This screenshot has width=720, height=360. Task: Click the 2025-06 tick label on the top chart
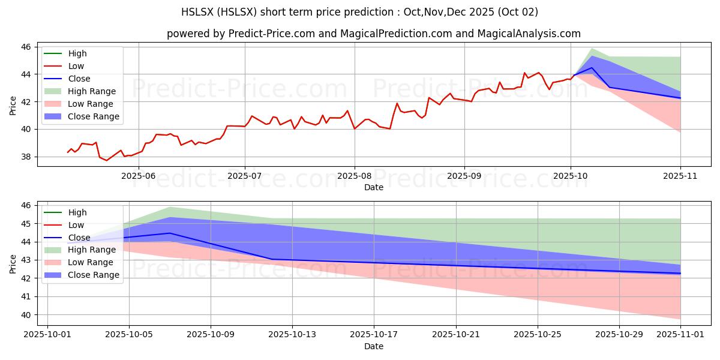(139, 176)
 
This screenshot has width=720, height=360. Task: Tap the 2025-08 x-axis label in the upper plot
(354, 176)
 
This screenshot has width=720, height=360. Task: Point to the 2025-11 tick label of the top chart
(680, 176)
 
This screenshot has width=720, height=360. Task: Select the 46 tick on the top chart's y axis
(27, 47)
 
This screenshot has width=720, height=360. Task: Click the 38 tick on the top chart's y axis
(27, 157)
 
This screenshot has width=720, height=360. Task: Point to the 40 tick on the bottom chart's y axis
(27, 315)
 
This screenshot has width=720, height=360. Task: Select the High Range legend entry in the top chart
(92, 91)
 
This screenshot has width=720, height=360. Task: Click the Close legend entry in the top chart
(79, 79)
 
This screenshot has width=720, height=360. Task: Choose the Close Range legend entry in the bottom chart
(94, 275)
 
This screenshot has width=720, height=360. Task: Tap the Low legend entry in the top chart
(76, 66)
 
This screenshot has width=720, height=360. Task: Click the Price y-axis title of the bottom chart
(13, 263)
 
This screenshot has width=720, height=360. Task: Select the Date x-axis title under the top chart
(374, 187)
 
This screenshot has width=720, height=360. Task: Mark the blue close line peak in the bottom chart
(170, 233)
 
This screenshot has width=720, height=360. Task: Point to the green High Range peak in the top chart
(592, 49)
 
